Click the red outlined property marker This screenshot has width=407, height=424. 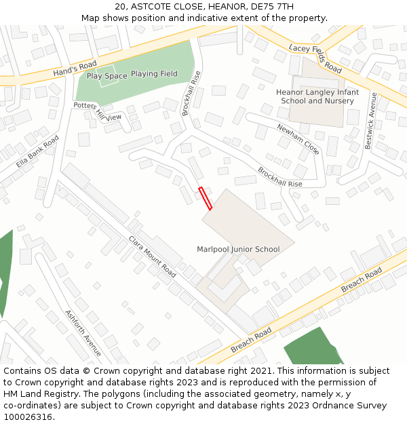tap(205, 198)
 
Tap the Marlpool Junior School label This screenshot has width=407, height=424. tap(238, 249)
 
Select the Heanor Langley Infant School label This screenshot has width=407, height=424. tap(317, 96)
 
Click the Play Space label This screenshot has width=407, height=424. tap(106, 76)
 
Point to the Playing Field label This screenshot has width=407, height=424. tap(154, 74)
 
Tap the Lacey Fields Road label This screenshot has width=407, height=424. tap(315, 58)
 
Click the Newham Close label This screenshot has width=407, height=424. tap(298, 138)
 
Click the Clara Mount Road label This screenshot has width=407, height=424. tap(153, 256)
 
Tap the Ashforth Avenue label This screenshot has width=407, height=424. tap(83, 332)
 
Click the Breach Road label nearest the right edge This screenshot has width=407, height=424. tap(362, 281)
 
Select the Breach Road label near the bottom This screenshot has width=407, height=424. tap(251, 339)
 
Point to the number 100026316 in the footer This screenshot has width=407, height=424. tap(28, 417)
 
